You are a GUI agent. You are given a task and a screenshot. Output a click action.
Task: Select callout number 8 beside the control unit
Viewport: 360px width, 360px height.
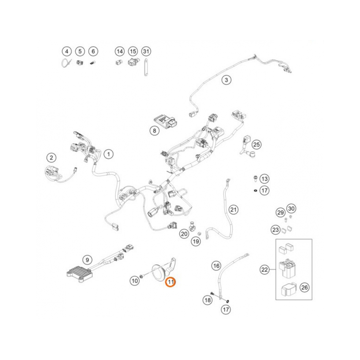click(x=154, y=131)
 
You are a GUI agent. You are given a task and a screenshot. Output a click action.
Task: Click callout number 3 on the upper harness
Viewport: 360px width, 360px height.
click(x=226, y=80)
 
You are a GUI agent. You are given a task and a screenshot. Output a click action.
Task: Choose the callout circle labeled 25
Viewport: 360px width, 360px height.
click(x=256, y=145)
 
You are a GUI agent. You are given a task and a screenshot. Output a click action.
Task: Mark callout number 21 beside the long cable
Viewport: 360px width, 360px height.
click(x=234, y=209)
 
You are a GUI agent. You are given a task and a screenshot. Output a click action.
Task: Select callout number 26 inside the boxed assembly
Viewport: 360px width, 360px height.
click(x=305, y=287)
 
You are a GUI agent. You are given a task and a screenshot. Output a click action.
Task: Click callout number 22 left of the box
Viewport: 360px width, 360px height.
click(x=265, y=269)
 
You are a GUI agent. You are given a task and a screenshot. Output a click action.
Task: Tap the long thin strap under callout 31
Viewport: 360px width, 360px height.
click(x=146, y=67)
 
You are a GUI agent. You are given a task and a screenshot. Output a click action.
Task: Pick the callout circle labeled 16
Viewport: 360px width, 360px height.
click(x=216, y=266)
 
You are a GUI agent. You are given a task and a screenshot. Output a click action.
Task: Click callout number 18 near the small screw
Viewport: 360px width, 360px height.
click(x=207, y=300)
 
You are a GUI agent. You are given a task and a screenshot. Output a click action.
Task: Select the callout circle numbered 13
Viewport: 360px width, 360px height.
click(x=265, y=179)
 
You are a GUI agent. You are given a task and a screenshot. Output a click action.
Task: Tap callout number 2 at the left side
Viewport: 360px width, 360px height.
click(x=52, y=157)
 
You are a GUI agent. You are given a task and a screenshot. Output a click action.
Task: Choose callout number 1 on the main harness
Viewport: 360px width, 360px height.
click(x=108, y=154)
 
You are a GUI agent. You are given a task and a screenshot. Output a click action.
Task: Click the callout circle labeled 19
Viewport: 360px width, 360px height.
click(x=196, y=241)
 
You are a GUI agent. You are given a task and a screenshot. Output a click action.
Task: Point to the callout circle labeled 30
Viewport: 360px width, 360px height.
click(x=291, y=208)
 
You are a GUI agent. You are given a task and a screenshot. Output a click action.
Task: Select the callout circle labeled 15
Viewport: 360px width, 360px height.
click(x=133, y=51)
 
